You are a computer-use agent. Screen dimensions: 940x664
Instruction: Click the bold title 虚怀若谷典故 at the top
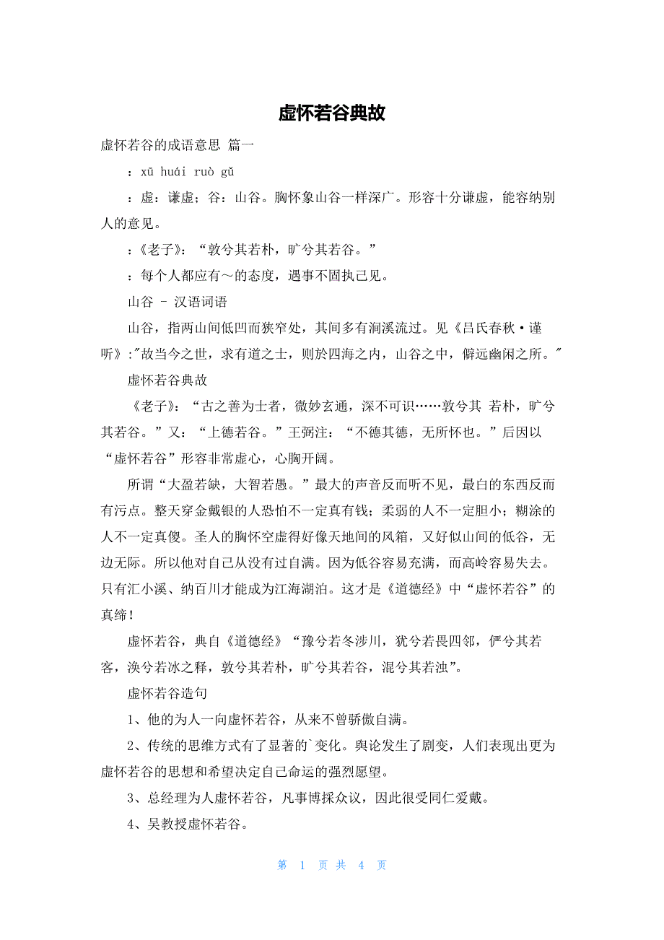(332, 113)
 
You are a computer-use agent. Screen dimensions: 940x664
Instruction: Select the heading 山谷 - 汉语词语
(178, 302)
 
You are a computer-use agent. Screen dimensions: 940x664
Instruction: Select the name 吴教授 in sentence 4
(166, 824)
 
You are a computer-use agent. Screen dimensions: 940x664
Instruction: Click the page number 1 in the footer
(302, 865)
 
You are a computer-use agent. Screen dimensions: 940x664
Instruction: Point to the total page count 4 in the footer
(361, 865)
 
